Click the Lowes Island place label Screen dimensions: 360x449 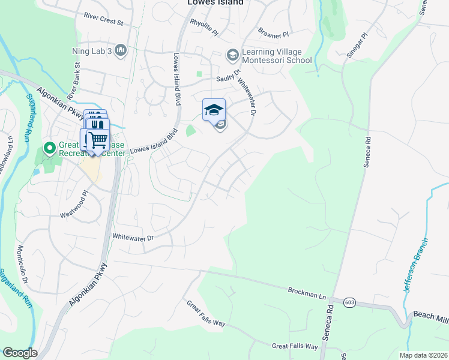(x=214, y=2)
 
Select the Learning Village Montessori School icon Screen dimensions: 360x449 (x=232, y=55)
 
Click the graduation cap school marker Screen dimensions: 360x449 (x=214, y=110)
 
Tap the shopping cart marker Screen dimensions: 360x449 (x=98, y=140)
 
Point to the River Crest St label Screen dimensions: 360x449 (x=103, y=19)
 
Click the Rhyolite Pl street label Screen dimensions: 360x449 (x=203, y=26)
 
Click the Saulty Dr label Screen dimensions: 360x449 (x=229, y=79)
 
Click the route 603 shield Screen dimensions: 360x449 (x=349, y=303)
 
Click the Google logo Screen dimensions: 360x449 (x=20, y=353)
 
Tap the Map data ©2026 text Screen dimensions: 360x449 (x=427, y=355)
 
